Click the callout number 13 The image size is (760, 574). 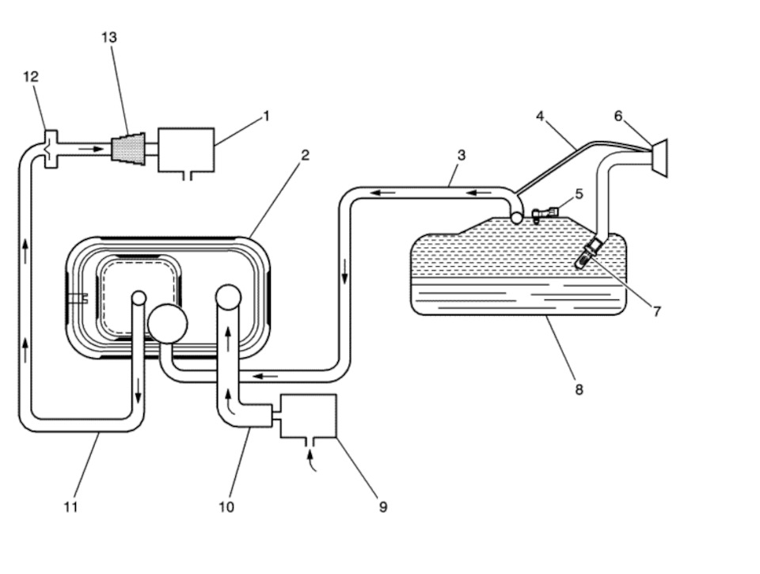tap(109, 37)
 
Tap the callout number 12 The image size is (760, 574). tap(31, 77)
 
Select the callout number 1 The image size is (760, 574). tap(266, 116)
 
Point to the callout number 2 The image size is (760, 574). tap(305, 155)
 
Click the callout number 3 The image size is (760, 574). tap(461, 155)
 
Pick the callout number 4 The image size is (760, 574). tap(540, 116)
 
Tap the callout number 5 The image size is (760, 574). tap(579, 194)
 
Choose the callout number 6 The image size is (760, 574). tap(618, 116)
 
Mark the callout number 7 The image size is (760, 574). tap(657, 311)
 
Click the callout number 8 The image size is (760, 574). tap(579, 390)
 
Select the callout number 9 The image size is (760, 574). tap(383, 507)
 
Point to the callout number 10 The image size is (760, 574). tap(226, 507)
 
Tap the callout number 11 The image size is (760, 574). tap(70, 507)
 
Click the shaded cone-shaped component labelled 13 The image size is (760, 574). tap(128, 148)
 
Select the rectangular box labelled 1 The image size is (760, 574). tap(187, 150)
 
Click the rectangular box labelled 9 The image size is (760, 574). tap(309, 416)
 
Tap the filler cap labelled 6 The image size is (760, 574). tap(659, 158)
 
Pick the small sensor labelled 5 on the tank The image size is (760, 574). tap(545, 214)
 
